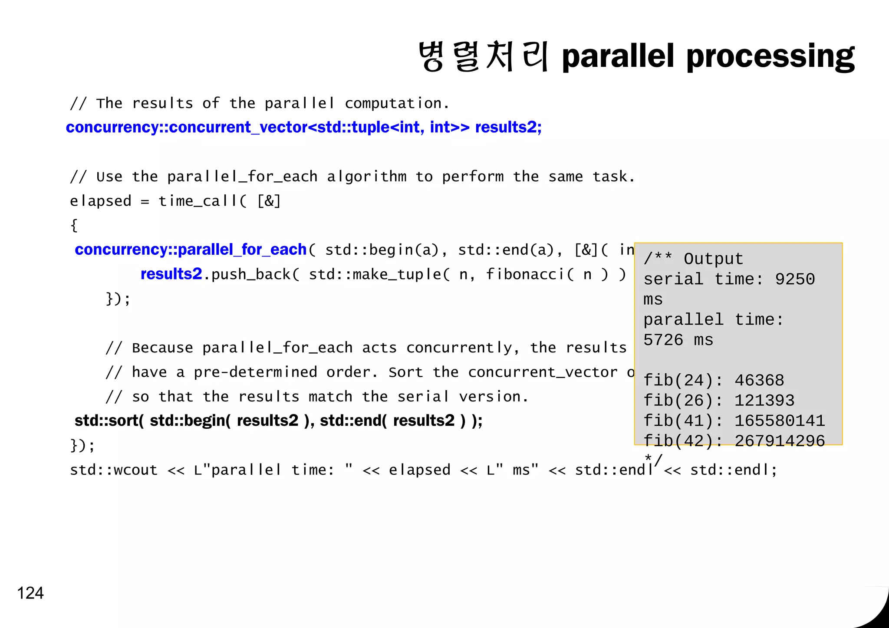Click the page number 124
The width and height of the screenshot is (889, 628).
tap(30, 593)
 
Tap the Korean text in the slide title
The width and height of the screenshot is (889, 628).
tap(483, 57)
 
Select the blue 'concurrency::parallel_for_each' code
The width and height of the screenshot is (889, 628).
tap(191, 250)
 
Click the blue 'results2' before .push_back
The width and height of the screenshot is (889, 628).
tap(171, 274)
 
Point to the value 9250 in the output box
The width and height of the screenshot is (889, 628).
tap(795, 279)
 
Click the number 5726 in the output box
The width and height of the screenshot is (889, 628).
tap(663, 340)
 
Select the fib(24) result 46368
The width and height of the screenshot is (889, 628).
tap(759, 381)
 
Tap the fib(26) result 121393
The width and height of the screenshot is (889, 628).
tap(764, 401)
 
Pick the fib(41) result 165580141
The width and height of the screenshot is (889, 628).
tap(780, 421)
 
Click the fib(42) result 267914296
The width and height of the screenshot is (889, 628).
tap(780, 441)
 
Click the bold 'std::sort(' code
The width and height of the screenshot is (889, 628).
tap(109, 421)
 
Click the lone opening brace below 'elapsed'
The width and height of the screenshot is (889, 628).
tap(74, 226)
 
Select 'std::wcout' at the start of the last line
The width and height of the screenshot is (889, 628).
tap(114, 470)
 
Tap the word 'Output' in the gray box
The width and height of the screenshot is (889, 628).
tap(713, 259)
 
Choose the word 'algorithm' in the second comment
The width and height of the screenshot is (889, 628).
tap(367, 177)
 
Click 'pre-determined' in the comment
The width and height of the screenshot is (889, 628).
tap(255, 372)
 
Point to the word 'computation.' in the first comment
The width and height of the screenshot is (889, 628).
tap(397, 103)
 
